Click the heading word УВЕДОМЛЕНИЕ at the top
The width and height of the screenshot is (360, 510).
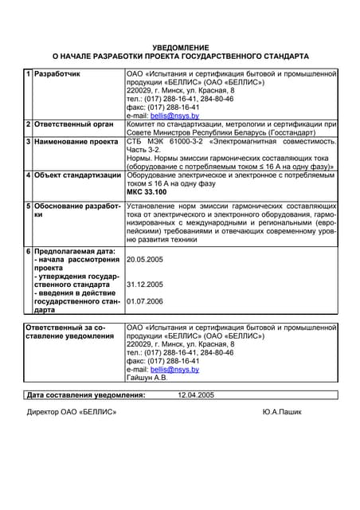pyautogui.click(x=180, y=48)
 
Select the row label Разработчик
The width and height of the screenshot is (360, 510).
pyautogui.click(x=57, y=74)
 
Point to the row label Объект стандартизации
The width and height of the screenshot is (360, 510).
pyautogui.click(x=76, y=175)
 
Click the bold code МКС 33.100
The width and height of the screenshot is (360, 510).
pyautogui.click(x=147, y=192)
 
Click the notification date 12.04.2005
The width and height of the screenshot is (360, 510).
pyautogui.click(x=196, y=394)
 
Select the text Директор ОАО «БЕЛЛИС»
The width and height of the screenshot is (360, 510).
pyautogui.click(x=72, y=411)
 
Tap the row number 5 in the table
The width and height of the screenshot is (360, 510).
pyautogui.click(x=29, y=206)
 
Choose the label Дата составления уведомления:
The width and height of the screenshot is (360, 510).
pyautogui.click(x=86, y=394)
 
